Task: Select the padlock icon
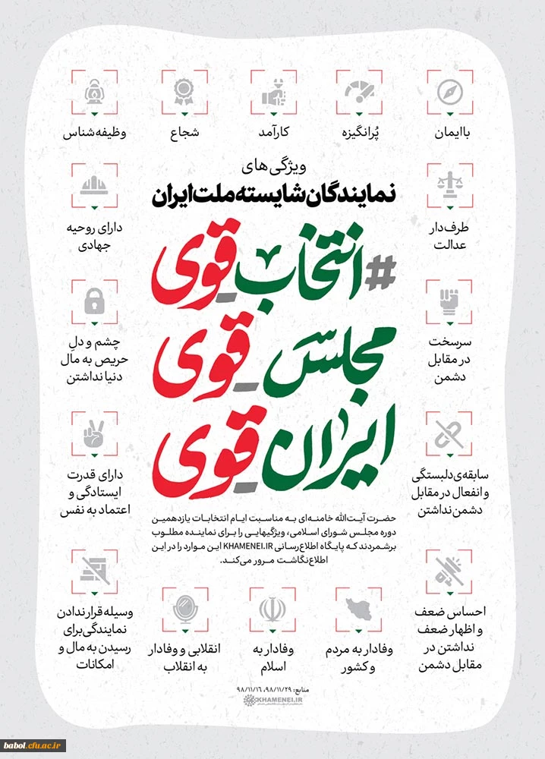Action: pos(96,301)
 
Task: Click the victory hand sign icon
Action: pos(96,433)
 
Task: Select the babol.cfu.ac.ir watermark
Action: pos(33,745)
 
